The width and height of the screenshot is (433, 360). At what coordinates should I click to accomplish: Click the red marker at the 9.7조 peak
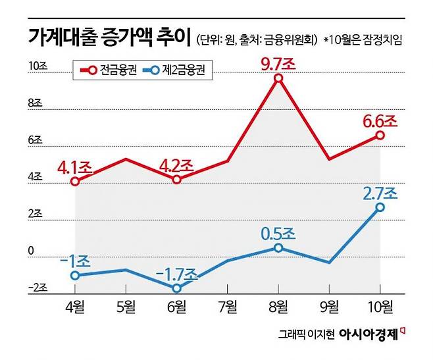point(278,78)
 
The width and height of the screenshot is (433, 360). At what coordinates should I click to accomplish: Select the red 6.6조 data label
point(380,122)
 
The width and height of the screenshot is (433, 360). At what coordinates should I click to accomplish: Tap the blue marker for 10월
point(380,207)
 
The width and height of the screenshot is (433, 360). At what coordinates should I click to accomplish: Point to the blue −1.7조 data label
point(177,274)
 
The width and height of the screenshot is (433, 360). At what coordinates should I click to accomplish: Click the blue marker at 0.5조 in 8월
point(278,248)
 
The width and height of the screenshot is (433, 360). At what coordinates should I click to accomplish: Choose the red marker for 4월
point(75,182)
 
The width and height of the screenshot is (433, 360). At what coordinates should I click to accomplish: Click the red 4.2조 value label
point(177,167)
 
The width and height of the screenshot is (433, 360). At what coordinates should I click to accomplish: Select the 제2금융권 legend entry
point(174,70)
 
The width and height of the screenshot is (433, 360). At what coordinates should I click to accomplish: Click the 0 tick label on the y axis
point(31,251)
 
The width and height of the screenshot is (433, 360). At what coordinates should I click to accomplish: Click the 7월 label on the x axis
point(228,307)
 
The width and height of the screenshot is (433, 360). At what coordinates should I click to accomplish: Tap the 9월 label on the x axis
point(330,307)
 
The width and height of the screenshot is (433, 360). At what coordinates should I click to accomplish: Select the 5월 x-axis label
point(126,307)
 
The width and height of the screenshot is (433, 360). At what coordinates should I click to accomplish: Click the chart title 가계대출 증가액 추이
point(110,38)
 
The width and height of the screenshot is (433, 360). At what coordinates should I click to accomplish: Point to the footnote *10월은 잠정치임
point(363,39)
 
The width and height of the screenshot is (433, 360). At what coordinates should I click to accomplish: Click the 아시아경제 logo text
point(369,334)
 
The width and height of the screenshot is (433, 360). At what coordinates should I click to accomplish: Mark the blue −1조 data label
point(75,261)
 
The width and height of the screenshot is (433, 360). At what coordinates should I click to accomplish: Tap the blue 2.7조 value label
point(380,193)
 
